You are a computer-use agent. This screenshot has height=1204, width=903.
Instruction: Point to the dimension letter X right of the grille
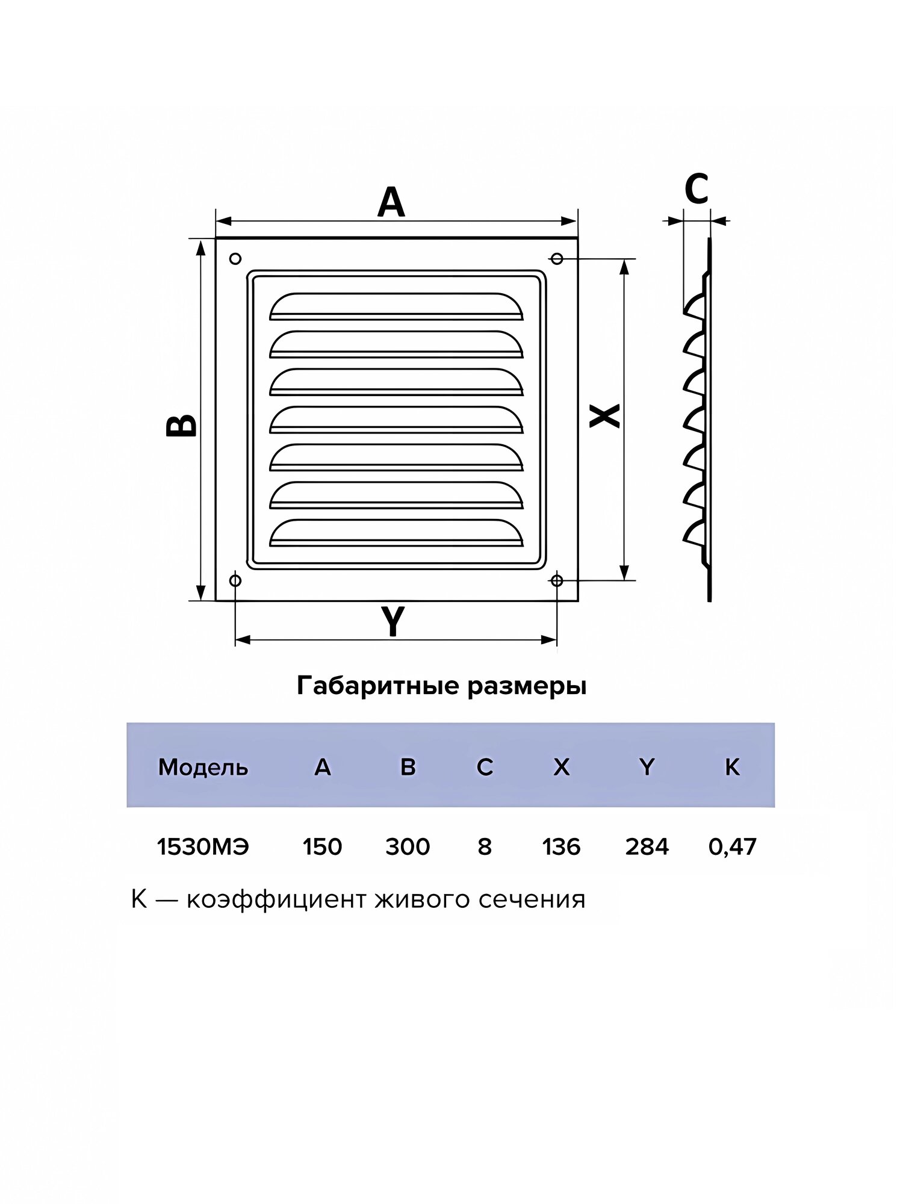(604, 415)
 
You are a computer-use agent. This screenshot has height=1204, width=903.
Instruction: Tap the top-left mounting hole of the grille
(236, 259)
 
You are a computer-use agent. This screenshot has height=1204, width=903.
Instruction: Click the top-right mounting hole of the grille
(557, 259)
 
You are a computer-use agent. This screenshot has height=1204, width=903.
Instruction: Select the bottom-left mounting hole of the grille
(236, 580)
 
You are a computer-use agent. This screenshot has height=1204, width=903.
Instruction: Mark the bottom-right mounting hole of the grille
(557, 580)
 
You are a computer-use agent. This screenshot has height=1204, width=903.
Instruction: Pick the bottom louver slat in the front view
(396, 532)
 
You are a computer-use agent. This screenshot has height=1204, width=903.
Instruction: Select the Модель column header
(203, 768)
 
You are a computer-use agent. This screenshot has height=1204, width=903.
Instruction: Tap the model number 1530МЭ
(202, 847)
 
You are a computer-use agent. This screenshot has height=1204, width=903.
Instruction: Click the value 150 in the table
(322, 847)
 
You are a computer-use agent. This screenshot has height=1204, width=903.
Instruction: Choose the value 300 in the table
(408, 847)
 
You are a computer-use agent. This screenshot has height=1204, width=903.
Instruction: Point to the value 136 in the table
(561, 847)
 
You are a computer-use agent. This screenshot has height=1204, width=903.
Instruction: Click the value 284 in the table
(647, 847)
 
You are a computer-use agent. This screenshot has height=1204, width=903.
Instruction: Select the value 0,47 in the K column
(732, 847)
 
